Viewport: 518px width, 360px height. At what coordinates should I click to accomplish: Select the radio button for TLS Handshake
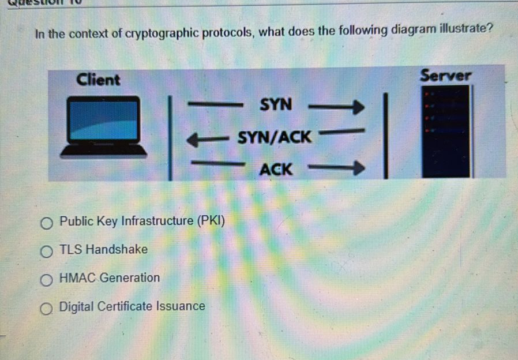click(x=47, y=251)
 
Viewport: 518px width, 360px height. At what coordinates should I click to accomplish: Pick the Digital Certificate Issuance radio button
click(x=47, y=307)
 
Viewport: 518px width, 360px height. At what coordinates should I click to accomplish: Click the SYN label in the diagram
click(x=276, y=105)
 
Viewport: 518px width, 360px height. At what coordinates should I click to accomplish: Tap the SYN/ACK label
click(x=275, y=138)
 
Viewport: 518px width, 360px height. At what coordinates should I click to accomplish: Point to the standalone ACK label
click(x=276, y=170)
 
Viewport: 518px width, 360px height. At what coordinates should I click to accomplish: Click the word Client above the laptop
click(x=98, y=80)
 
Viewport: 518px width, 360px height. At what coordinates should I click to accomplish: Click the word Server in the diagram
click(x=446, y=76)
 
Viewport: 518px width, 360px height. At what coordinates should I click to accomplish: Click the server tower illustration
click(x=446, y=132)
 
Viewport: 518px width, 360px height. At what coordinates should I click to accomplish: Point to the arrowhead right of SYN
click(x=359, y=107)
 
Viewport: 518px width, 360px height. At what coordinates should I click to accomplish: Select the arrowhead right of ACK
click(x=359, y=169)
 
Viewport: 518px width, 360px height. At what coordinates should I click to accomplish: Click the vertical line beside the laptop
click(x=170, y=138)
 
